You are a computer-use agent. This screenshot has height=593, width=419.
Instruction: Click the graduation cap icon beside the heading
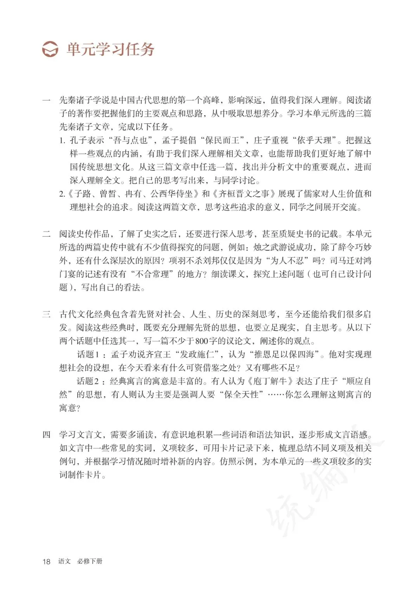click(50, 49)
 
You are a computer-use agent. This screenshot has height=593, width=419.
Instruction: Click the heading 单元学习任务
click(111, 49)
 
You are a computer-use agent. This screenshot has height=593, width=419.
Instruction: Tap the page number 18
click(46, 561)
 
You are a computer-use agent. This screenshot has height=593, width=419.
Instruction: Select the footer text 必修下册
click(90, 561)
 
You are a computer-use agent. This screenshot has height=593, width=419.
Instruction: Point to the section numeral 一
click(46, 100)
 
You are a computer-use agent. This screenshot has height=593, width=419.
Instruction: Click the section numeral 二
click(46, 234)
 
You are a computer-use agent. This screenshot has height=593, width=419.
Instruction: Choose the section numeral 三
click(46, 314)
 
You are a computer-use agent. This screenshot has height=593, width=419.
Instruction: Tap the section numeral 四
click(46, 435)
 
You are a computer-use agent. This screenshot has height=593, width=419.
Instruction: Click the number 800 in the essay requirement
click(202, 341)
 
